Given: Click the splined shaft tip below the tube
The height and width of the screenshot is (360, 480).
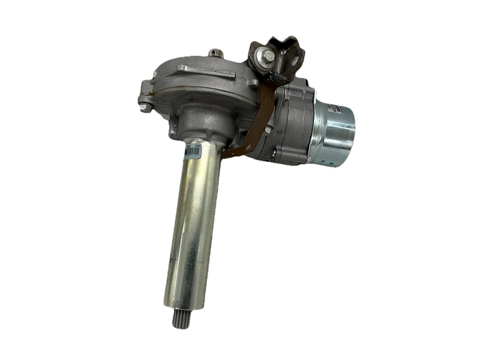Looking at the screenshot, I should (x=180, y=318).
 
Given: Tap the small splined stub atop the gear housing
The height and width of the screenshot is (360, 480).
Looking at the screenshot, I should (x=215, y=52).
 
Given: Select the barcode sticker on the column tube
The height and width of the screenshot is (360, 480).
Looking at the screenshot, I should (x=192, y=151).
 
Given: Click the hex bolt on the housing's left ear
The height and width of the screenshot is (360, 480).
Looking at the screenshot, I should (x=144, y=107).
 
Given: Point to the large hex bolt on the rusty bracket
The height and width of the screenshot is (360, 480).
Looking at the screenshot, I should (x=268, y=54).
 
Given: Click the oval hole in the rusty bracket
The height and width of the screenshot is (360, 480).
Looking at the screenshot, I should (x=295, y=59).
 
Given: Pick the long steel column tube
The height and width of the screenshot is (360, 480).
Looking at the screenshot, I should (x=192, y=225).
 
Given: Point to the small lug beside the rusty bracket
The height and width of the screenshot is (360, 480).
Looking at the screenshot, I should (x=254, y=83).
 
